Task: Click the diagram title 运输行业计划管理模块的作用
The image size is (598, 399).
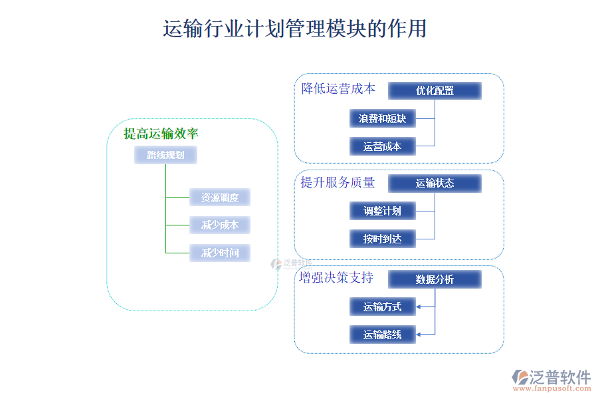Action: point(294,29)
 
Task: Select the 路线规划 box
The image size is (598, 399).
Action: point(165,156)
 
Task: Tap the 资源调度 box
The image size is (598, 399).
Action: point(220,198)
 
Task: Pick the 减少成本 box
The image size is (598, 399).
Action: point(220,225)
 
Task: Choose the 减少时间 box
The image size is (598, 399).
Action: point(220,253)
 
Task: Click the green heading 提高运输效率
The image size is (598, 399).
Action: point(161,134)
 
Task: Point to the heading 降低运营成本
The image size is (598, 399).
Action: point(338,88)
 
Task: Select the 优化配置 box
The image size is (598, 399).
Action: point(435,90)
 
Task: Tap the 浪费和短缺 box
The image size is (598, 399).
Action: point(382,118)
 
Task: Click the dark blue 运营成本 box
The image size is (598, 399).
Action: point(382,146)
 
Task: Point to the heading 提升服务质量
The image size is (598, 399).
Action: point(338,182)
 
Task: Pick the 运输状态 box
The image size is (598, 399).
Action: point(435,184)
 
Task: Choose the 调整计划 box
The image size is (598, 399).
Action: point(382,211)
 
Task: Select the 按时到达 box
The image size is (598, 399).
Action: point(382,239)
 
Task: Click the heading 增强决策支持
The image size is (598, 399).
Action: point(336,277)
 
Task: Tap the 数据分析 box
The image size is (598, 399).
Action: point(435,279)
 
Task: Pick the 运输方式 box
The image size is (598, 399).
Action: point(382,307)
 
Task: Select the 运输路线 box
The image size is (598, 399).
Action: point(382,334)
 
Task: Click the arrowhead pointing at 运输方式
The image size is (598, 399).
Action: point(419,307)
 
